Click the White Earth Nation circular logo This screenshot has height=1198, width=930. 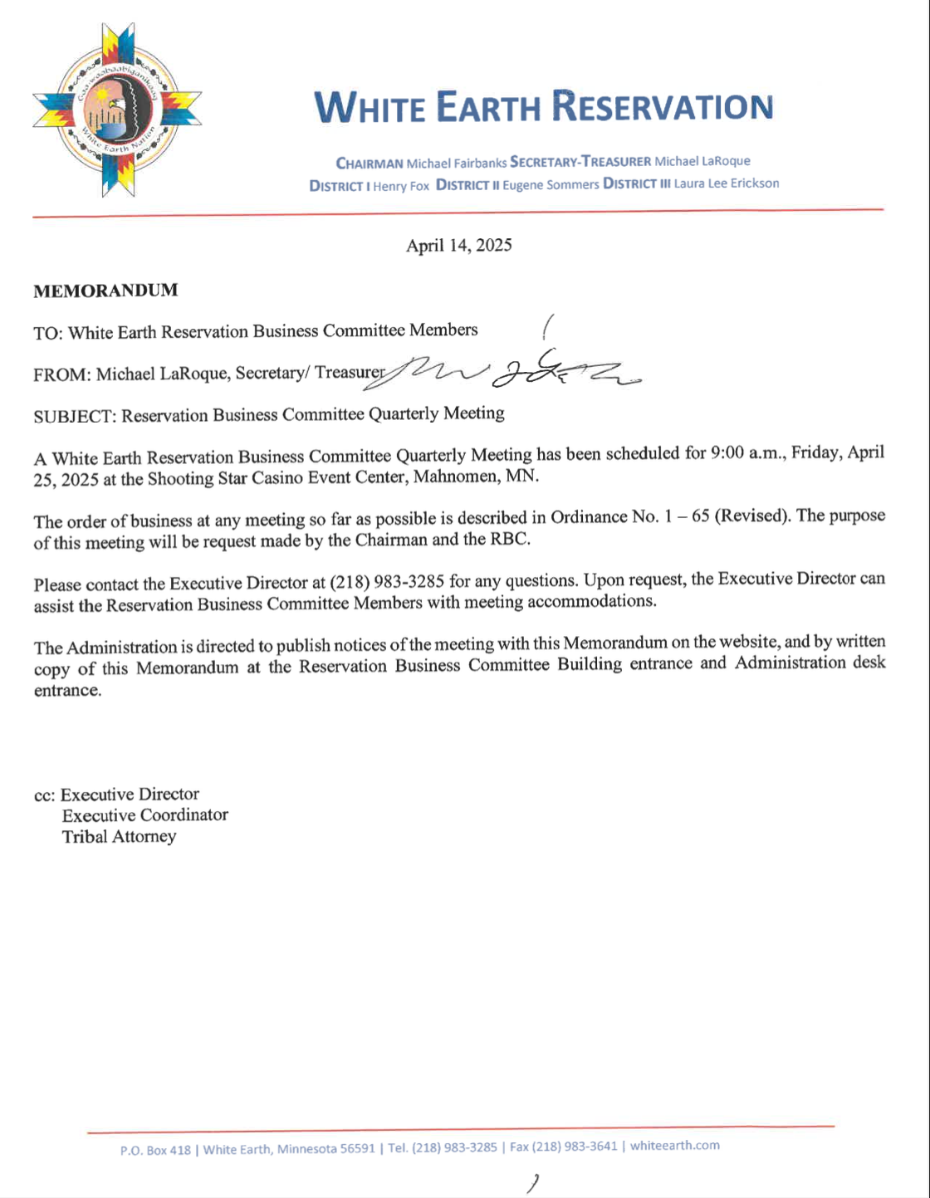[116, 110]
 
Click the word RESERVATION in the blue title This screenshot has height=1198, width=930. [663, 107]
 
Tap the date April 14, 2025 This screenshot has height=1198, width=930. [458, 245]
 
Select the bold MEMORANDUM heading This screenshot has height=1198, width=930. [105, 291]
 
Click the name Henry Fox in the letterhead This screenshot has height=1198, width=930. [401, 186]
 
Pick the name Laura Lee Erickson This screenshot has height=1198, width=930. [727, 183]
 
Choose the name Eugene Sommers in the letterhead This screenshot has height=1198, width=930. [551, 184]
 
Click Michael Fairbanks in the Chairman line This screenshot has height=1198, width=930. [457, 163]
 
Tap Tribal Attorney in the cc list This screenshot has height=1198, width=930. [119, 837]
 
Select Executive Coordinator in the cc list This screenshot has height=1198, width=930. [145, 815]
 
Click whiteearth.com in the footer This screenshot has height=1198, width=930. [675, 1146]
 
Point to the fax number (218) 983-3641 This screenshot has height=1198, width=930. [575, 1147]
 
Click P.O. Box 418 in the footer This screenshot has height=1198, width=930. [155, 1150]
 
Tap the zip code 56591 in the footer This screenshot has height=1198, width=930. [358, 1148]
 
